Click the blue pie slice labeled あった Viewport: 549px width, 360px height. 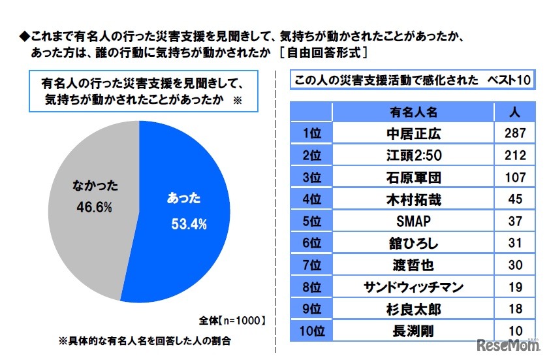coord(189,216)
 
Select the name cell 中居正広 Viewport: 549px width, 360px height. coord(415,133)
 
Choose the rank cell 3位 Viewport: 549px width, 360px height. coord(311,177)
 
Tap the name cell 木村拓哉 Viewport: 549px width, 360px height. coord(415,199)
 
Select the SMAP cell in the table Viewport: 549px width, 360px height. coord(415,221)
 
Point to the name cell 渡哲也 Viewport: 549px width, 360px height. coord(415,265)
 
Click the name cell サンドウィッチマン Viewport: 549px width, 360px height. coord(415,286)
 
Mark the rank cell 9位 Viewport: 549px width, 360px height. coord(311,308)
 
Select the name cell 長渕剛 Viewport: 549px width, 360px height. coord(415,330)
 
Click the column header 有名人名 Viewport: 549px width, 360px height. coord(415,112)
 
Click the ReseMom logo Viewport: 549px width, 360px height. coord(506,344)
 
